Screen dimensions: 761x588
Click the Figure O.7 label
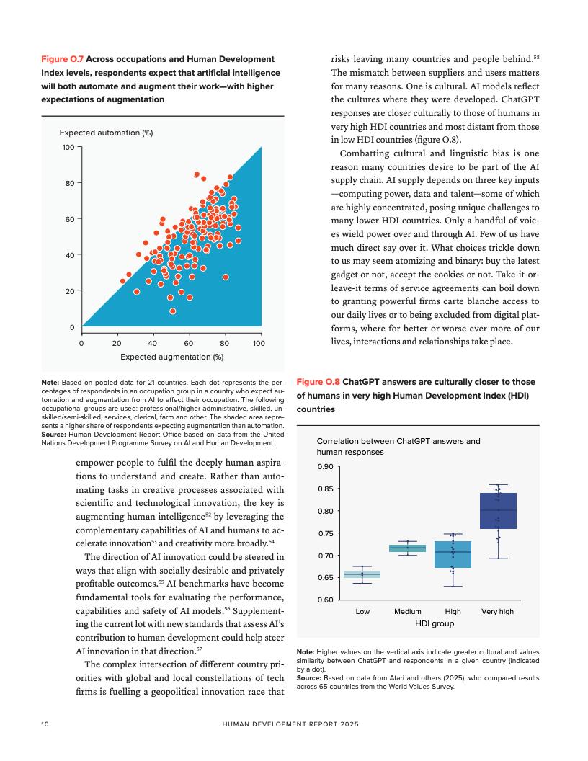coord(62,58)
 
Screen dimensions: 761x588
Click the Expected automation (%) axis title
coord(106,133)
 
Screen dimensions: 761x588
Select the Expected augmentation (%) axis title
coord(171,356)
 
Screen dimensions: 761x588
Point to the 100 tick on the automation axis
coord(68,148)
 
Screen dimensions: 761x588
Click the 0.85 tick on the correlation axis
coord(326,489)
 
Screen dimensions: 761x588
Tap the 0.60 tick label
coord(326,600)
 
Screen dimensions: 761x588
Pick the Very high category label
coord(497,611)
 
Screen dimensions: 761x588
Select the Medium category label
coord(408,611)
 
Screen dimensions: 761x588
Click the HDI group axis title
coord(435,623)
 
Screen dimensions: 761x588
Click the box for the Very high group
coord(498,511)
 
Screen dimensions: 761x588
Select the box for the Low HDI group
coord(362,574)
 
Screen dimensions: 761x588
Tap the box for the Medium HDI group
coord(408,548)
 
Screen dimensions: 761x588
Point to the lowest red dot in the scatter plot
coord(173,311)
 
